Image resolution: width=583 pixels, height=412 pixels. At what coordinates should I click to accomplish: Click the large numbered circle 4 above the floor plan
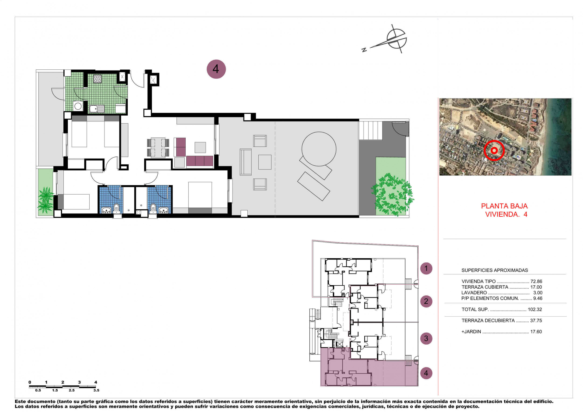click(x=216, y=69)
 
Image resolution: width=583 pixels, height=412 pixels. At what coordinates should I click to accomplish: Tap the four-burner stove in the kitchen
click(x=97, y=79)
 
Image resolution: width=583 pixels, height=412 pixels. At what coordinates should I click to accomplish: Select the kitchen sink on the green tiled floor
click(x=97, y=109)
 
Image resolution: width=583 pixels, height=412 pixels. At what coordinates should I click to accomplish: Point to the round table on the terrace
click(x=319, y=149)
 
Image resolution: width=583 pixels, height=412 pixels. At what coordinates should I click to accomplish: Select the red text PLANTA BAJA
click(x=504, y=206)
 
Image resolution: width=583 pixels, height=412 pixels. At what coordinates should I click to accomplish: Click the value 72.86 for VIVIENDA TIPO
click(x=536, y=281)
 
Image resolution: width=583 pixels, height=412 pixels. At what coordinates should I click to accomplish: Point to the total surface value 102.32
click(x=535, y=309)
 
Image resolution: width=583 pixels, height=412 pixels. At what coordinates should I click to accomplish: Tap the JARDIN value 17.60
click(x=536, y=332)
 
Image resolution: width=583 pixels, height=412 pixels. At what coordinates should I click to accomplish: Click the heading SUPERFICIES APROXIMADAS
click(x=495, y=270)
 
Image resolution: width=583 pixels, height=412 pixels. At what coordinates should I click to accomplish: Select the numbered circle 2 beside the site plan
click(x=426, y=301)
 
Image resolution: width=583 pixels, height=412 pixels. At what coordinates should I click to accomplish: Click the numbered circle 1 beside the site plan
click(x=426, y=268)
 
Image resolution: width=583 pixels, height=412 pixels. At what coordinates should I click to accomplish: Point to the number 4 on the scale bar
click(x=96, y=382)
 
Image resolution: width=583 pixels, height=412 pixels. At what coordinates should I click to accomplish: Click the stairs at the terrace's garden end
click(x=371, y=131)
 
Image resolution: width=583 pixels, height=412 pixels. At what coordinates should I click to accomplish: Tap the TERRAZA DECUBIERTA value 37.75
click(x=536, y=321)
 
